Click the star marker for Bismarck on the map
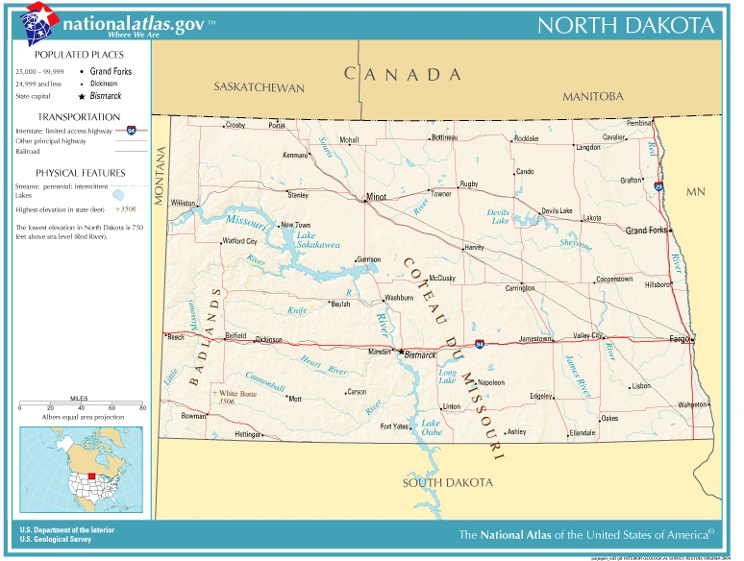pyautogui.click(x=401, y=352)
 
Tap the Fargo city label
pyautogui.click(x=681, y=339)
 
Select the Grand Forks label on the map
pyautogui.click(x=646, y=231)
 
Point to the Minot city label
pyautogui.click(x=375, y=199)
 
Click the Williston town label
pyautogui.click(x=183, y=204)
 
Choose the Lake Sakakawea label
pyautogui.click(x=317, y=240)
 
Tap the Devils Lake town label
pyautogui.click(x=557, y=211)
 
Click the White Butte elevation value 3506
pyautogui.click(x=227, y=402)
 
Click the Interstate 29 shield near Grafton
pyautogui.click(x=658, y=187)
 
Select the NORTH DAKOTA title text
pyautogui.click(x=626, y=25)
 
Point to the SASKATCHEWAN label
pyautogui.click(x=259, y=88)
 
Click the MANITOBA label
pyautogui.click(x=593, y=96)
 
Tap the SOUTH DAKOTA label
pyautogui.click(x=448, y=482)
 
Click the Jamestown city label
pyautogui.click(x=536, y=339)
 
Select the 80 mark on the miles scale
pyautogui.click(x=142, y=408)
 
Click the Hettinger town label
pyautogui.click(x=248, y=435)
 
